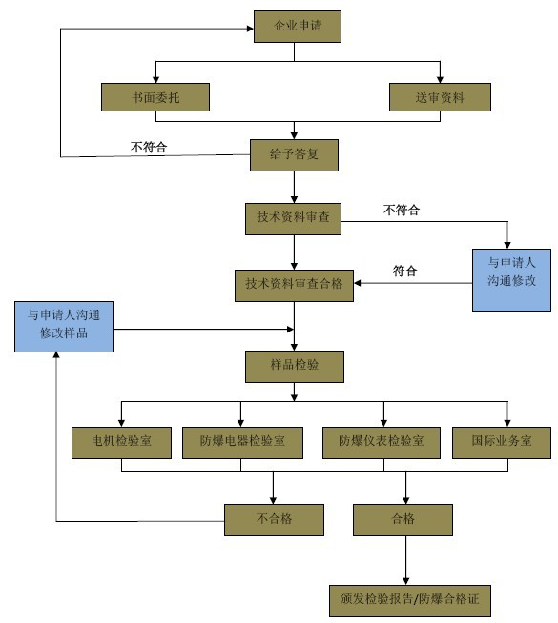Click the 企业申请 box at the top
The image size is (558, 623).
pyautogui.click(x=297, y=26)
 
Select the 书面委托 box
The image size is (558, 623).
pyautogui.click(x=155, y=97)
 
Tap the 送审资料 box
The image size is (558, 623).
pyautogui.click(x=440, y=97)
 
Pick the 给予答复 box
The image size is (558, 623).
pyautogui.click(x=294, y=154)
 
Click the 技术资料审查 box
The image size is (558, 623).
pyautogui.click(x=294, y=218)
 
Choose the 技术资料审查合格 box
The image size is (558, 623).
pyautogui.click(x=294, y=285)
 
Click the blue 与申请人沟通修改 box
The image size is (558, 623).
pyautogui.click(x=511, y=280)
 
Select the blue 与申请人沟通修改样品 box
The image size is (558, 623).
pyautogui.click(x=65, y=326)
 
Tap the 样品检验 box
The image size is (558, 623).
pyautogui.click(x=294, y=365)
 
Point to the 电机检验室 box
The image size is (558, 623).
pyautogui.click(x=121, y=443)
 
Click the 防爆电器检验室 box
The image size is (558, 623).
pyautogui.click(x=240, y=443)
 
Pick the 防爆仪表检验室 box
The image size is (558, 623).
pyautogui.click(x=382, y=443)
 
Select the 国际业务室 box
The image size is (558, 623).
pyautogui.click(x=501, y=443)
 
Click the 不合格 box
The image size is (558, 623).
pyautogui.click(x=274, y=520)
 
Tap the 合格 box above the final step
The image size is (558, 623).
pyautogui.click(x=403, y=520)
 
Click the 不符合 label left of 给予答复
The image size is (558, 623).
pyautogui.click(x=149, y=146)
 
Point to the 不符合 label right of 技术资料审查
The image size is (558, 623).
pyautogui.click(x=401, y=210)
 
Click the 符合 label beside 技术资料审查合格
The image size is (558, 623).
pyautogui.click(x=405, y=271)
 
